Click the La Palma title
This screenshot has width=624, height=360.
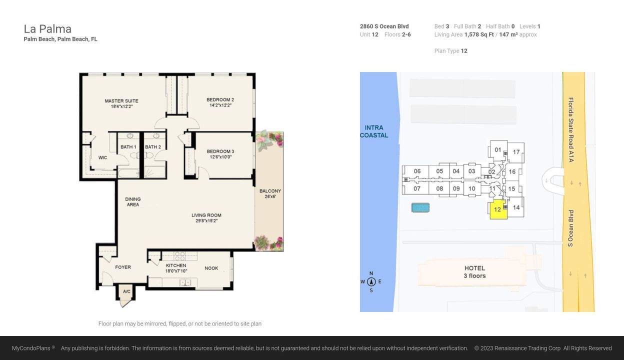[47, 29]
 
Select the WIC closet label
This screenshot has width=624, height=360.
[102, 157]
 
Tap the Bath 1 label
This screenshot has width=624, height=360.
[128, 147]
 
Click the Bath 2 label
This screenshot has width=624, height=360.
[153, 147]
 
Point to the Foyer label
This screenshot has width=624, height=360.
[123, 267]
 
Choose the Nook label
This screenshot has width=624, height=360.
[211, 268]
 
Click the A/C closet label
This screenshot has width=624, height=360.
[126, 291]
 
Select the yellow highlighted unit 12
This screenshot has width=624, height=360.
[497, 209]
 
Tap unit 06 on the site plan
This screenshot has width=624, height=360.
[417, 171]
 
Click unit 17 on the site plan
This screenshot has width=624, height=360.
[516, 152]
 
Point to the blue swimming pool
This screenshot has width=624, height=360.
[420, 207]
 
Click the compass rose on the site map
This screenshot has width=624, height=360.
[371, 282]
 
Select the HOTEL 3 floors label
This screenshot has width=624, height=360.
[474, 272]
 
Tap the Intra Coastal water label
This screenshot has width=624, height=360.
[374, 131]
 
